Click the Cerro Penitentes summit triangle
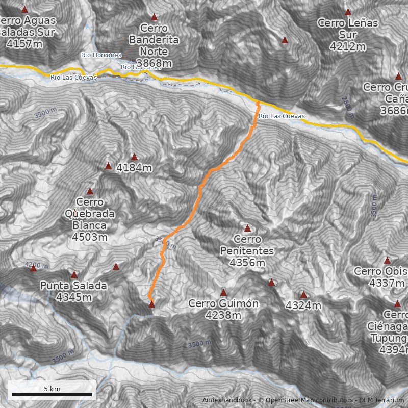(x=248, y=228)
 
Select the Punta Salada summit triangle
(x=74, y=274)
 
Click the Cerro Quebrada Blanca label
(x=90, y=219)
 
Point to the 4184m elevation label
(x=134, y=167)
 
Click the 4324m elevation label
(x=303, y=306)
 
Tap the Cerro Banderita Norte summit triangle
(x=154, y=17)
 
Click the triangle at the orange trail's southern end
(x=151, y=304)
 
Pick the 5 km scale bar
(x=52, y=394)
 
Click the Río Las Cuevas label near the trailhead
(x=282, y=116)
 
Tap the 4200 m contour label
(x=36, y=265)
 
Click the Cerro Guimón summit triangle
(x=223, y=293)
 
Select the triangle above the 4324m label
(x=303, y=294)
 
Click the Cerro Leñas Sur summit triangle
(x=348, y=12)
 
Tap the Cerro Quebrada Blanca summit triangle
(x=90, y=191)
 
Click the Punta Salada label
(x=74, y=291)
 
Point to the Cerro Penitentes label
(x=247, y=251)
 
